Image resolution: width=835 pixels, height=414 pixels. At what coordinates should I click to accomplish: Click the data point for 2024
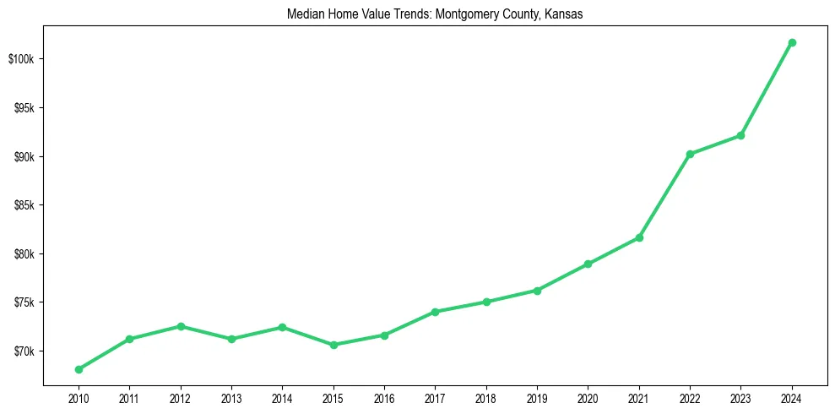(792, 42)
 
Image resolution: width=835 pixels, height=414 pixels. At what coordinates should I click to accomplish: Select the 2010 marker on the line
(79, 369)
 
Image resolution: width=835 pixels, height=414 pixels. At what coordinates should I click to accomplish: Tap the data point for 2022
(690, 154)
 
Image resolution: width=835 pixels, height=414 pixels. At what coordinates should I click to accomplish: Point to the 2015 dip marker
(333, 345)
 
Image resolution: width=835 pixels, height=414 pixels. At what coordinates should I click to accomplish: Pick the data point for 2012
(181, 326)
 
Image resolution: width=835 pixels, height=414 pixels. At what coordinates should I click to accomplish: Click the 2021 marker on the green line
(639, 237)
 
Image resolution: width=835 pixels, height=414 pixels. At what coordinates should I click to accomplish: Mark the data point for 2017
(435, 312)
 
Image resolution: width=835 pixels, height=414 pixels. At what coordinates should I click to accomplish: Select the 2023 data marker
(740, 135)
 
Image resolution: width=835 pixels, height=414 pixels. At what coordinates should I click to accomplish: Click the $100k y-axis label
(21, 59)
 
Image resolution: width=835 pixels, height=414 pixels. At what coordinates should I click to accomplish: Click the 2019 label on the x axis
(537, 398)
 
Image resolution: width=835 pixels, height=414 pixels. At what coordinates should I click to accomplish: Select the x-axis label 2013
(231, 398)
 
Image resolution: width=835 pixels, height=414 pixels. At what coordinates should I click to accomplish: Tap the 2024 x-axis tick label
(792, 398)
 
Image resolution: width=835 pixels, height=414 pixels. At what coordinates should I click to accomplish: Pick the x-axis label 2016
(384, 398)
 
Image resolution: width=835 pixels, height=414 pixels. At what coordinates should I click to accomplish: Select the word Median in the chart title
(304, 14)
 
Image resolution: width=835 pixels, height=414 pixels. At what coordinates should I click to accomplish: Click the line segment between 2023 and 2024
(767, 89)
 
